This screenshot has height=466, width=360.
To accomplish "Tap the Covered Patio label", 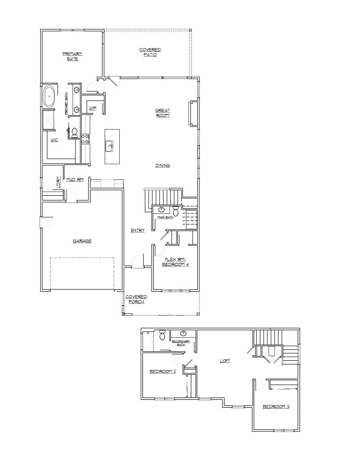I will tap(150, 52).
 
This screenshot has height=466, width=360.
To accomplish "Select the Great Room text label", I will tap(163, 113).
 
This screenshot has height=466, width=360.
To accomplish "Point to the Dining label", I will tap(163, 165).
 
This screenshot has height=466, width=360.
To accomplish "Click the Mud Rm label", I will tap(75, 179).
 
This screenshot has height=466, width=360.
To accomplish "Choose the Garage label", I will tap(82, 241).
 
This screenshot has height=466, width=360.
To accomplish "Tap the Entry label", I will tap(138, 230).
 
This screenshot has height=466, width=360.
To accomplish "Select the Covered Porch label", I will tap(136, 299).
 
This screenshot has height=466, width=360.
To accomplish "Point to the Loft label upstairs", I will tap(225, 361).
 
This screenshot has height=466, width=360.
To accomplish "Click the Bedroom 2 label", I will tap(162, 371).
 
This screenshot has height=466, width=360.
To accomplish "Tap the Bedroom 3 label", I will tap(276, 406).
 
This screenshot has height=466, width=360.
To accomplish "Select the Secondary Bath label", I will tap(181, 343).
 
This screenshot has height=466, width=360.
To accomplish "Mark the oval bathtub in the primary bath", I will tap(48, 96).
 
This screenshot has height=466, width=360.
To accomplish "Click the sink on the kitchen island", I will tap(111, 146).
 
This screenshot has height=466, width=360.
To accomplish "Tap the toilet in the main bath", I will tap(176, 211).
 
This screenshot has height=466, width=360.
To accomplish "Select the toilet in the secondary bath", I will tap(162, 336).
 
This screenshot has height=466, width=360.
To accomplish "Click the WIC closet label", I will tap(54, 140).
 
